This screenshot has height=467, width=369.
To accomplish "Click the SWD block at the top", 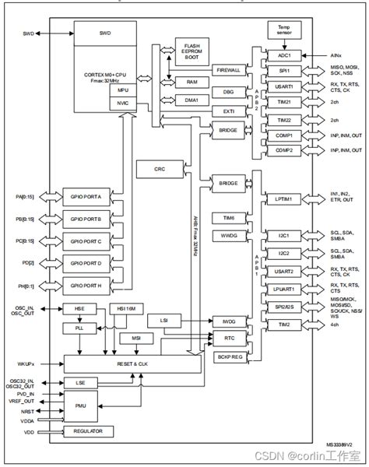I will [105, 34].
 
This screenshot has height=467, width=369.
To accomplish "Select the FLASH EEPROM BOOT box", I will [192, 52].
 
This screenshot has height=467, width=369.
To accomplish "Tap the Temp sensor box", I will [283, 30].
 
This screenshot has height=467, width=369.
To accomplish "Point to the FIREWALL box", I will [228, 70].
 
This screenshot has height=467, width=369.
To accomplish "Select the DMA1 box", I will [192, 100].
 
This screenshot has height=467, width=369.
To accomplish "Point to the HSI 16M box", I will [126, 309].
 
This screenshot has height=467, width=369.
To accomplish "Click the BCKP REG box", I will [228, 356].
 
